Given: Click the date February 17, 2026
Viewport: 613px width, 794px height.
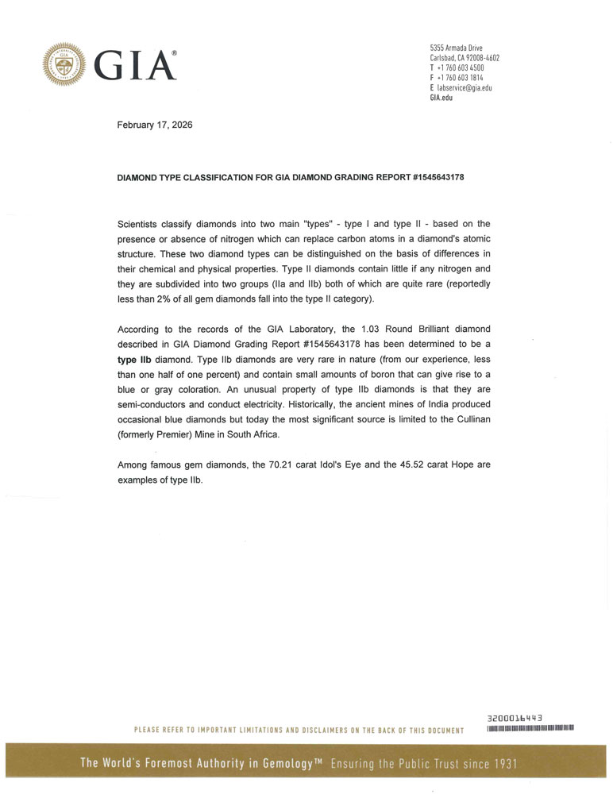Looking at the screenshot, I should point(154,125).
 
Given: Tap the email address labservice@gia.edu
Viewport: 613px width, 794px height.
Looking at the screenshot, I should point(465,88).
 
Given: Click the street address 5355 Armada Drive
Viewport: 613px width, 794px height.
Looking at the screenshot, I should point(457,48).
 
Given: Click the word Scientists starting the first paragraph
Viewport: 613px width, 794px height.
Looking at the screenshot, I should point(144,224).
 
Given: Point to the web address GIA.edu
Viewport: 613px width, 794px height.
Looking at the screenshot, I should point(441,98).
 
